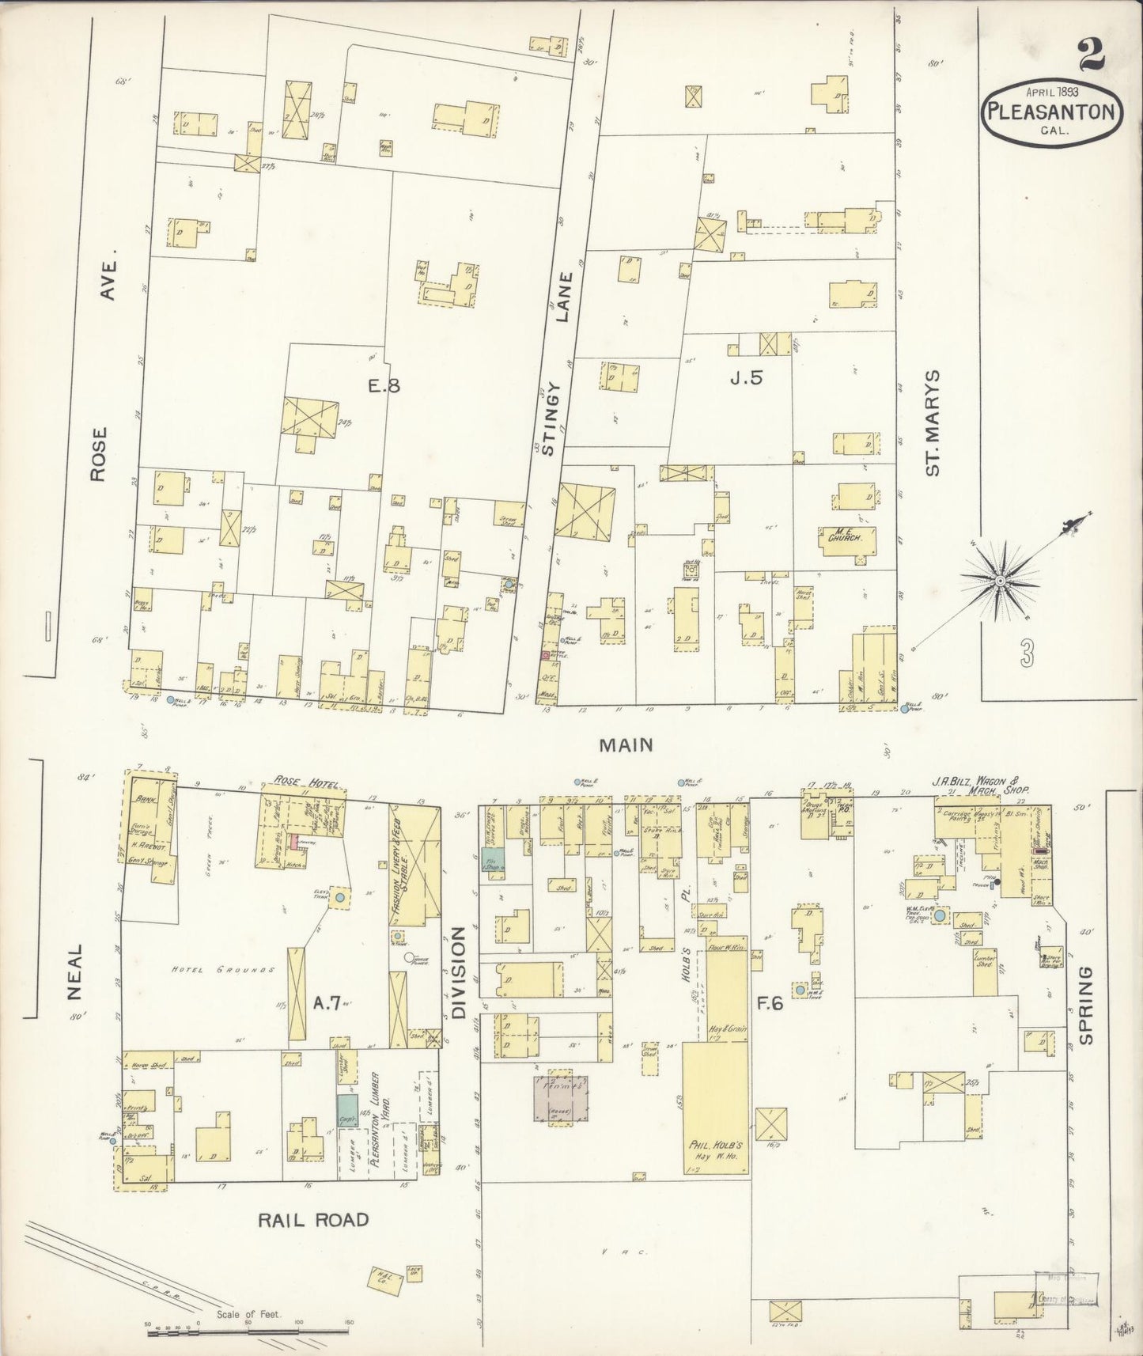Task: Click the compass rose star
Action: (x=1000, y=581)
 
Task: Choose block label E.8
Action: (x=384, y=386)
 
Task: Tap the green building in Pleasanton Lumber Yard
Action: (x=346, y=1109)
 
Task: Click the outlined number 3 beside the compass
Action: (x=1027, y=653)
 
